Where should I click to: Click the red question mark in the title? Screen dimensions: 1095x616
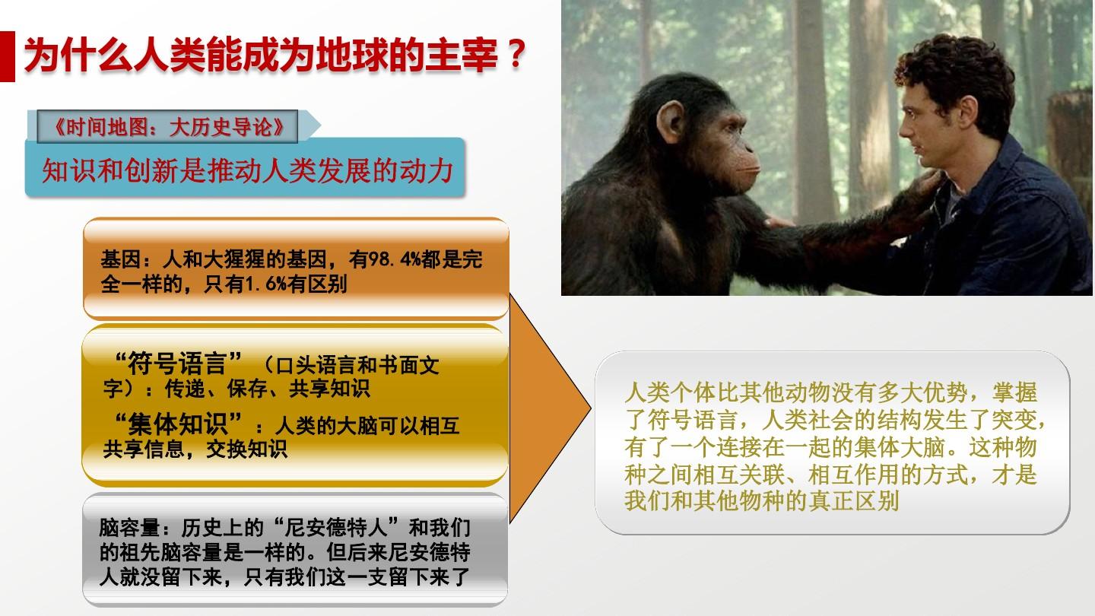516,54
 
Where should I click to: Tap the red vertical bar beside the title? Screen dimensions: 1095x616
8,56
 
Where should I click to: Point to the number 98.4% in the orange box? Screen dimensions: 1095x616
394,259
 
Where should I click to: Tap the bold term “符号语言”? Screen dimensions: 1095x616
177,364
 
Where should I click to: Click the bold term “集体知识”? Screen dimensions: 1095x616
177,424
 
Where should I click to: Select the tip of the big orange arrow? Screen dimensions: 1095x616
591,408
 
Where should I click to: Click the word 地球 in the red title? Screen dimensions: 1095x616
352,54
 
